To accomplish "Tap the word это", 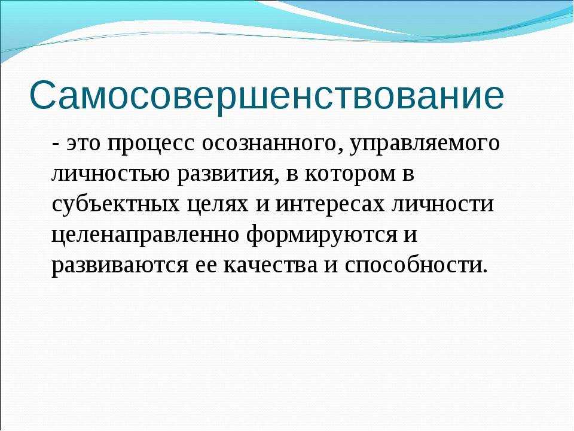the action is point(83,143).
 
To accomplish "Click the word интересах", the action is point(330,204).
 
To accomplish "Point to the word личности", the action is point(443,204).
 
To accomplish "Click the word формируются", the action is point(322,235).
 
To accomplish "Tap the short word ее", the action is point(206,266).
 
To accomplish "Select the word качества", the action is point(270,266).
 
